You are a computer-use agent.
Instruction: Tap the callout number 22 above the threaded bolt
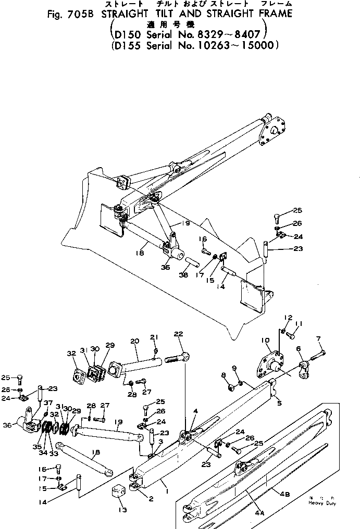tap(178, 334)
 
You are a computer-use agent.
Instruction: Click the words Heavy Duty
tap(322, 503)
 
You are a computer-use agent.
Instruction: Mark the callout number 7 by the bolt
tap(319, 338)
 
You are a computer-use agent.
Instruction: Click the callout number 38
tap(183, 275)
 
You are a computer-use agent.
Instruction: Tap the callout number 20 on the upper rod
tap(134, 341)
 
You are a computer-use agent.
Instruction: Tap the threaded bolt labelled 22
tap(178, 358)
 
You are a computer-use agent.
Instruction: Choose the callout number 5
tap(279, 402)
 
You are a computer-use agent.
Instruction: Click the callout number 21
tap(154, 337)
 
